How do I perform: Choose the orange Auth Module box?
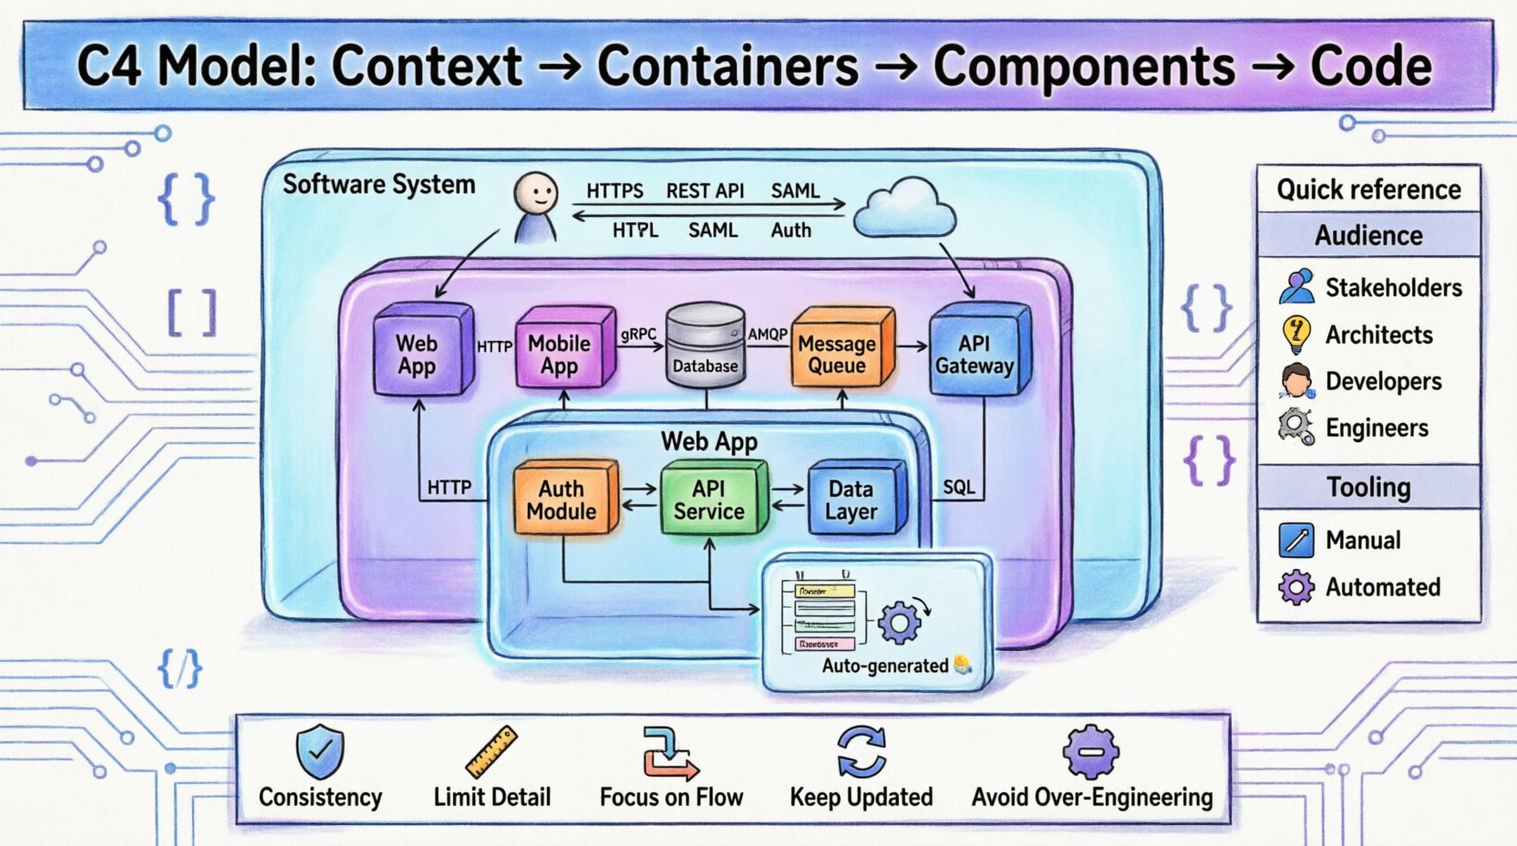point(562,500)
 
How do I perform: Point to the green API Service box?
point(710,500)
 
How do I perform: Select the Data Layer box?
point(853,500)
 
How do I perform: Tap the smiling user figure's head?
point(535,192)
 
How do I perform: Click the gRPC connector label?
point(638,335)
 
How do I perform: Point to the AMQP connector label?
point(768,335)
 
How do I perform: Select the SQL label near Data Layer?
point(958,487)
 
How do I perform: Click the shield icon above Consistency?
point(320,751)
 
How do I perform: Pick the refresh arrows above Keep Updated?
point(861,751)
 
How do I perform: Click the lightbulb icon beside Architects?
point(1295,334)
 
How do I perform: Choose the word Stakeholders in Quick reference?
point(1393,288)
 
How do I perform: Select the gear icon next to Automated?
point(1296,587)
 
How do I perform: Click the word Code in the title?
point(1370,67)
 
